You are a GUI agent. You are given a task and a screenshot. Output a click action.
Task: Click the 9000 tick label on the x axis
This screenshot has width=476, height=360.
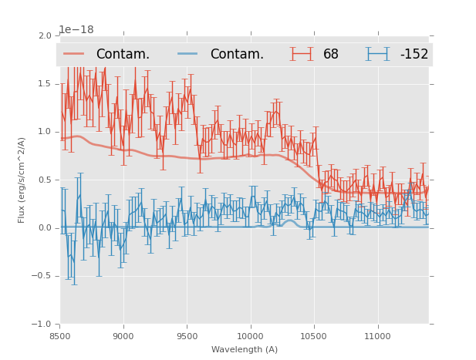[123, 336]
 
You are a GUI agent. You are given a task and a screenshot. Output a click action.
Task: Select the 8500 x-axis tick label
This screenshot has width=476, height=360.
[60, 336]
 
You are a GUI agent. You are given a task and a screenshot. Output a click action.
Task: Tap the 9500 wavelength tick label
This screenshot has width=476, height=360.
[187, 336]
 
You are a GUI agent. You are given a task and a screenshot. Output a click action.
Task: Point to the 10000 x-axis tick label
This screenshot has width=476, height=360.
[250, 336]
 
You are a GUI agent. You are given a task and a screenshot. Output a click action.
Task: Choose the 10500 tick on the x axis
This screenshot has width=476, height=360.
[314, 336]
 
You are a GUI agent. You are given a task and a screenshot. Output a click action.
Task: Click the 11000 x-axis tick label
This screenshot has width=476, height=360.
[377, 336]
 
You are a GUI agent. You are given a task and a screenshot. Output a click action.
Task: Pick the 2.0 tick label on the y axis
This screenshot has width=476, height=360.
[46, 36]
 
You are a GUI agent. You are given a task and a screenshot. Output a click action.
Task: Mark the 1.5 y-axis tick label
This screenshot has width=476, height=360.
[46, 84]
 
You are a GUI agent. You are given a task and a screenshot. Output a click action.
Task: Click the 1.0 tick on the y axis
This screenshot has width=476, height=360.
[46, 132]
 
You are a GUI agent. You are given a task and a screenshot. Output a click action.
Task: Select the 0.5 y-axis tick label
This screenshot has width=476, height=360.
[46, 180]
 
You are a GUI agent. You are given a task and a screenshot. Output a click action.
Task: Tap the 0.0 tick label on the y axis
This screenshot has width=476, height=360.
[46, 228]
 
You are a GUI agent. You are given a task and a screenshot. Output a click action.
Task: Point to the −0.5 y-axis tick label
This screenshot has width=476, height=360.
[43, 276]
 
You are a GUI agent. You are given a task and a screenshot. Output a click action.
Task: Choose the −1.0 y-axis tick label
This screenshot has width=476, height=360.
[43, 325]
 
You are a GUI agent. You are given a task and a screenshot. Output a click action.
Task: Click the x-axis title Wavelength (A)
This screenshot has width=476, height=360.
[245, 349]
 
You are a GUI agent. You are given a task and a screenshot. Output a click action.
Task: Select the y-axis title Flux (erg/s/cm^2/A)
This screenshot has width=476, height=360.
[22, 180]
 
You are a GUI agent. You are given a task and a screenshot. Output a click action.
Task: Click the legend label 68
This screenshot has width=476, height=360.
[331, 55]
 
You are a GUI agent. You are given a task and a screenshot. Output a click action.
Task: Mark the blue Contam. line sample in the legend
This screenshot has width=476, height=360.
[189, 54]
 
